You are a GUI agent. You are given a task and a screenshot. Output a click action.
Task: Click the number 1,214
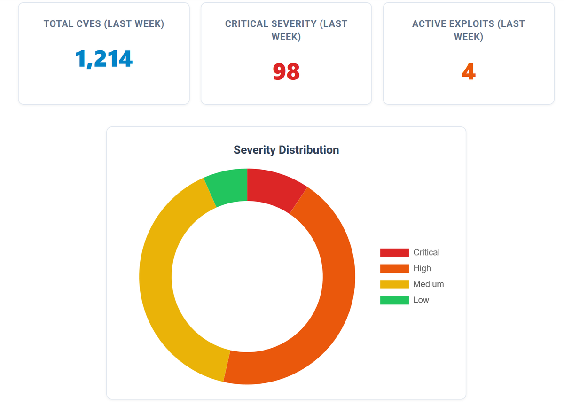104,59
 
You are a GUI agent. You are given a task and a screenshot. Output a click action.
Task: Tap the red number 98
286,72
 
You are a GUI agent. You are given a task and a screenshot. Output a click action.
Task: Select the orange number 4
469,72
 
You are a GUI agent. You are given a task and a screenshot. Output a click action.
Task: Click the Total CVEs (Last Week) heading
104,24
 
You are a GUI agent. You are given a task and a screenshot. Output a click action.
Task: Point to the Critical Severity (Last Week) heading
286,30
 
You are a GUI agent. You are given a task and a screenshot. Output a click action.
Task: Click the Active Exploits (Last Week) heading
469,30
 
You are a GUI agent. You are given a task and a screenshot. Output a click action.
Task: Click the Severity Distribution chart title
286,150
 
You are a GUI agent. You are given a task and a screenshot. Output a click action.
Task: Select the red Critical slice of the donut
274,188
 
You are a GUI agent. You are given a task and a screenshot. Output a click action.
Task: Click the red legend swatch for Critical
394,253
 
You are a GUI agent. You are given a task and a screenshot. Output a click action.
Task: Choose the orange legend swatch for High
394,268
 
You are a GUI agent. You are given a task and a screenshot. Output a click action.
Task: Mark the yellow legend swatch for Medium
394,284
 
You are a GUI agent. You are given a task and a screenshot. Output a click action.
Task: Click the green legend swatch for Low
394,300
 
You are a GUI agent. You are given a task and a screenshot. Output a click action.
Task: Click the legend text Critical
426,253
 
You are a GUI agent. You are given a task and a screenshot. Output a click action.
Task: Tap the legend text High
422,268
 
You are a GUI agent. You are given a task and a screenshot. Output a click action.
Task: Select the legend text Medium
428,284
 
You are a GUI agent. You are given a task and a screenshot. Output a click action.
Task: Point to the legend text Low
421,300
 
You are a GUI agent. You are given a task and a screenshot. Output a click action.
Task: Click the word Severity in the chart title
255,150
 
